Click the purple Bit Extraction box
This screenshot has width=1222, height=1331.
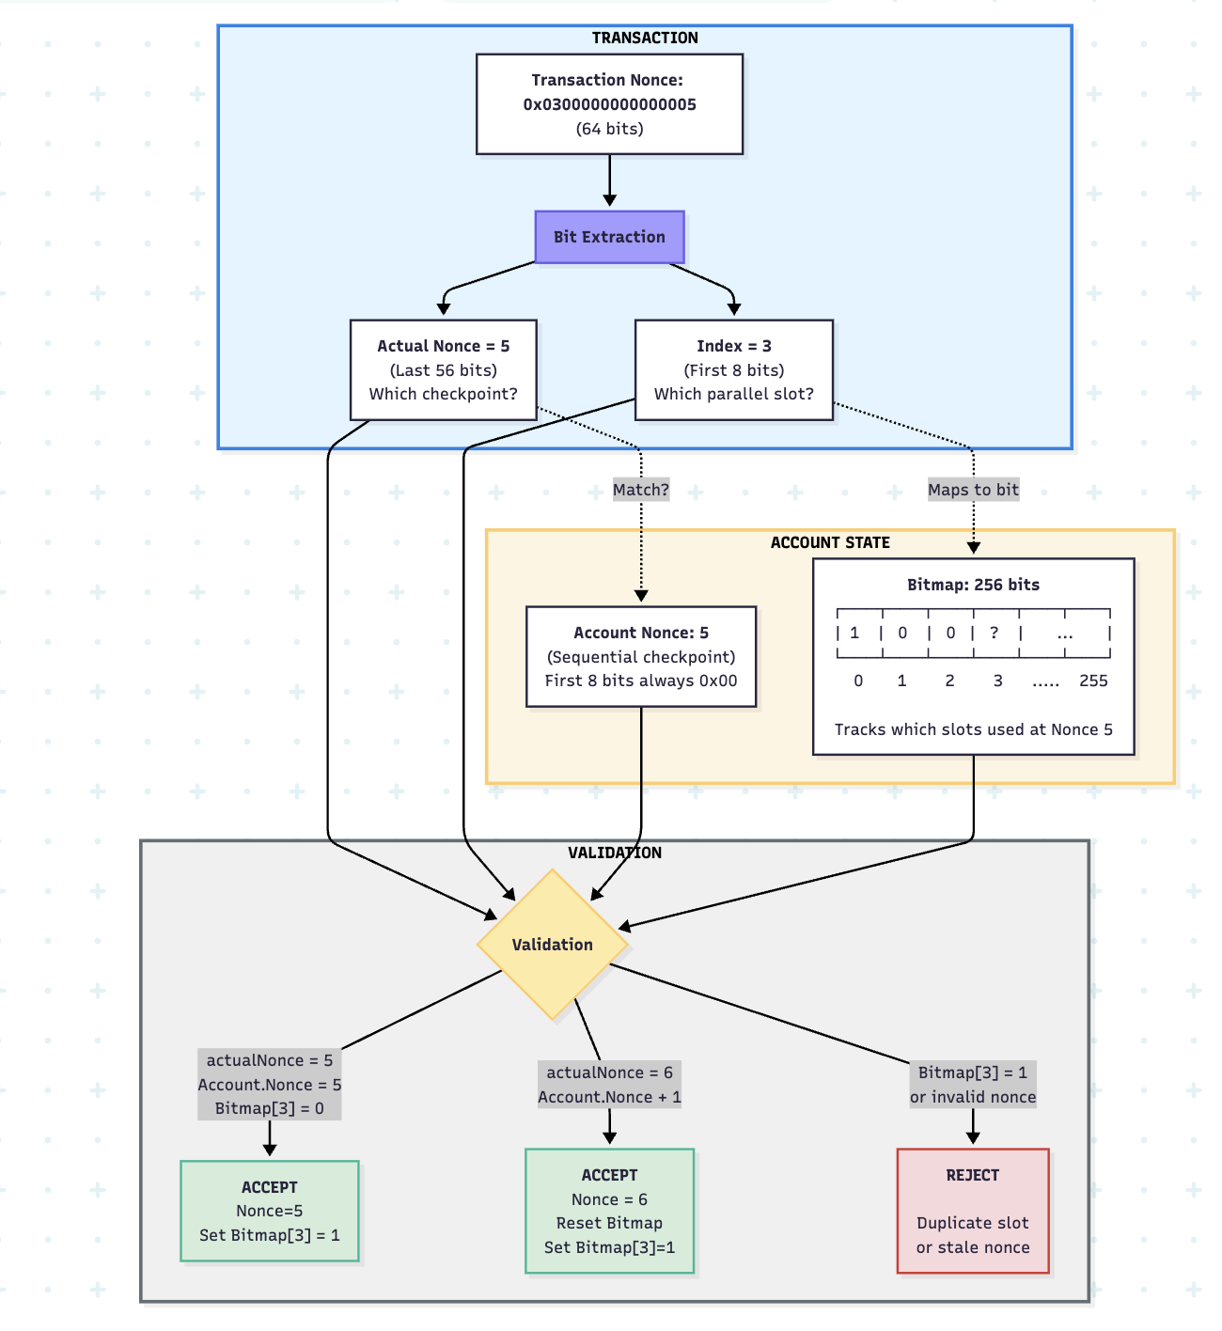(x=609, y=237)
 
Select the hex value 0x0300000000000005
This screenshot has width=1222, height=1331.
(x=609, y=104)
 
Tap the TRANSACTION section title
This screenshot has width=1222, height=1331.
(x=645, y=38)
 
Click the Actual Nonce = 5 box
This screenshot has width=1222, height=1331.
(x=443, y=369)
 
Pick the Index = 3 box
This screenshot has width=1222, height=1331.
(x=733, y=369)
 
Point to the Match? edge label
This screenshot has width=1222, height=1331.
(x=641, y=490)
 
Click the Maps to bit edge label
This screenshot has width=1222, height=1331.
(x=973, y=490)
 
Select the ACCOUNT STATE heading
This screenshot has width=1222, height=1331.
(x=830, y=542)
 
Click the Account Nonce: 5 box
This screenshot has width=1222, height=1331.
(x=641, y=656)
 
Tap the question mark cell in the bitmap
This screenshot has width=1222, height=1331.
(x=995, y=633)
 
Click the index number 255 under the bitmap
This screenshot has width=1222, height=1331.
(x=1093, y=681)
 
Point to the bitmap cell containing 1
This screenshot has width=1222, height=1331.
(x=854, y=633)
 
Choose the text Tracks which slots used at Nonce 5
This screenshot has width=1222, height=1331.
(x=973, y=729)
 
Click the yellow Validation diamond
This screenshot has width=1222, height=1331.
(x=553, y=945)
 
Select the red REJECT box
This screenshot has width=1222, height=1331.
(x=973, y=1211)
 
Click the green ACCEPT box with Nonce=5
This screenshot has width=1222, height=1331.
(x=270, y=1211)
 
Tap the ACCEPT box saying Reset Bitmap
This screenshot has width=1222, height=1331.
(x=609, y=1211)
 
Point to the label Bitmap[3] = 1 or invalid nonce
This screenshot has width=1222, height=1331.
(x=973, y=1085)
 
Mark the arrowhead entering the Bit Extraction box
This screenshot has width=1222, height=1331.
(x=609, y=201)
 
